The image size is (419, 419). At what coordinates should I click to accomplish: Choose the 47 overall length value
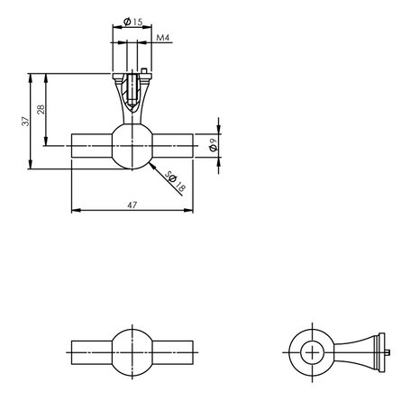(x=132, y=205)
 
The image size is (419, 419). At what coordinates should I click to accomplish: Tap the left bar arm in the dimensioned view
(x=90, y=144)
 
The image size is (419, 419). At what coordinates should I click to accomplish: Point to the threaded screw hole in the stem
(x=133, y=87)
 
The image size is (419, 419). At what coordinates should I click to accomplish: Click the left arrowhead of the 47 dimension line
(x=74, y=212)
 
